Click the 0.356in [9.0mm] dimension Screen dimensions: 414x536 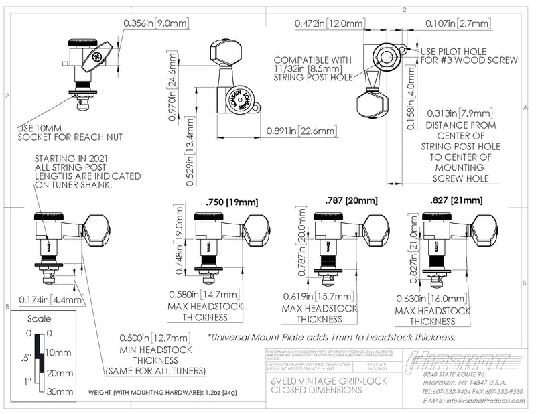(x=157, y=23)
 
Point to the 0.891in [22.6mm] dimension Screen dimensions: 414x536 (x=301, y=131)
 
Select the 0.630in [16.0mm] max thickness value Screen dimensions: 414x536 (x=431, y=299)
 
